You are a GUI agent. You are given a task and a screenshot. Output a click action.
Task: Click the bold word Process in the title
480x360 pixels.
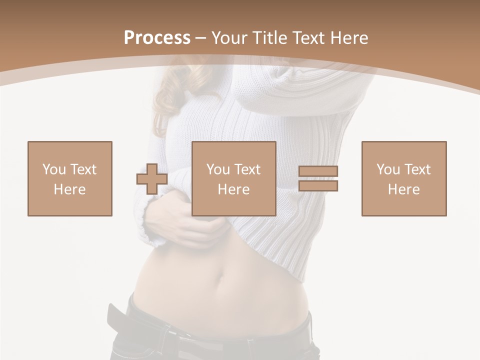157,38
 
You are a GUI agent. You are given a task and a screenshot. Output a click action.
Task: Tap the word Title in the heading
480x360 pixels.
270,38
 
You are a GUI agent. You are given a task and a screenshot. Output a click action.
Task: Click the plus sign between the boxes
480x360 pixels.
152,179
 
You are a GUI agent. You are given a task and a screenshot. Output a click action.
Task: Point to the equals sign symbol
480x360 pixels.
318,178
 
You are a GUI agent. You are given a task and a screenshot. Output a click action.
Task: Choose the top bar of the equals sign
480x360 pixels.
318,171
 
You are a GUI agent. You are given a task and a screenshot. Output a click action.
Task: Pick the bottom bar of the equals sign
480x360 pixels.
318,186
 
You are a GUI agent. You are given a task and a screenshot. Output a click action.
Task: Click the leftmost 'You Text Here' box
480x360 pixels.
70,178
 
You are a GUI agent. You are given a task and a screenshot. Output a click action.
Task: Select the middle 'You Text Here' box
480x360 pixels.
234,178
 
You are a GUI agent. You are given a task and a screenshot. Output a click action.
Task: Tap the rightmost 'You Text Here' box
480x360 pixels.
404,178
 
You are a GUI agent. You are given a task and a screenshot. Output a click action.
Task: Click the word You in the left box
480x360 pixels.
54,169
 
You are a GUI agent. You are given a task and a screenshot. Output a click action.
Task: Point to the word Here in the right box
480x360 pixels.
404,189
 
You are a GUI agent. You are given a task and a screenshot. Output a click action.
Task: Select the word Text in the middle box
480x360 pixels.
247,169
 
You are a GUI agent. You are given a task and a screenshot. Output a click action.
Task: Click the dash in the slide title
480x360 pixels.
201,38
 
